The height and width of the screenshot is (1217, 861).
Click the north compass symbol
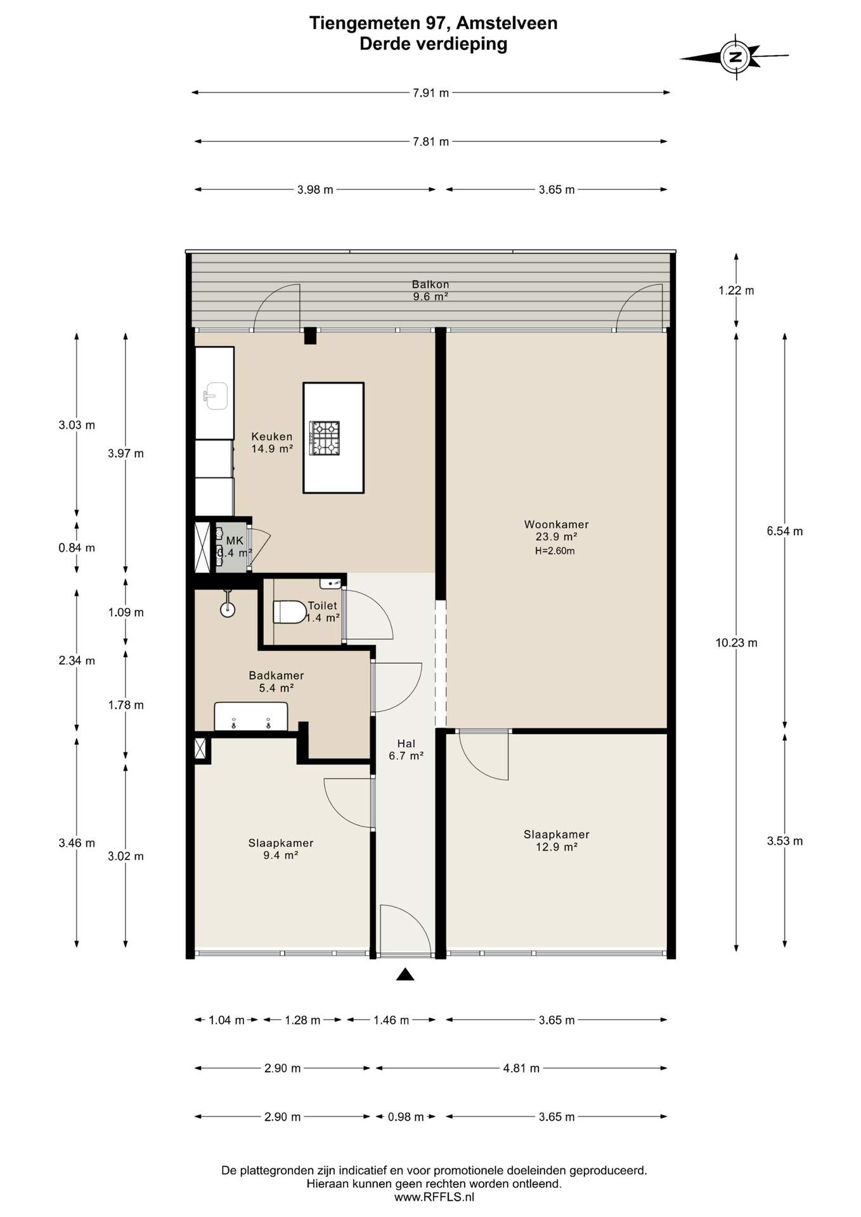pyautogui.click(x=735, y=57)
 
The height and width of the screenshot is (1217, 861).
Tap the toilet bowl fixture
pyautogui.click(x=290, y=612)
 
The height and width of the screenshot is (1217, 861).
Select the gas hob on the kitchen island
pyautogui.click(x=325, y=438)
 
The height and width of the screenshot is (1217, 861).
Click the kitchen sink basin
pyautogui.click(x=215, y=396)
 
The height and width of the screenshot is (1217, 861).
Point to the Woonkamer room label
pyautogui.click(x=556, y=524)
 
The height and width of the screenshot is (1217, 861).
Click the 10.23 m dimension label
pyautogui.click(x=736, y=643)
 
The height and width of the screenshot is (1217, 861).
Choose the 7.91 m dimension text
pyautogui.click(x=430, y=93)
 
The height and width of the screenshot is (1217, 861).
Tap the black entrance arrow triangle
pyautogui.click(x=405, y=974)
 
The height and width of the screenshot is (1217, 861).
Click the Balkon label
pyautogui.click(x=430, y=285)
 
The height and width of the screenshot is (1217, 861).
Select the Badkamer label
pyautogui.click(x=276, y=676)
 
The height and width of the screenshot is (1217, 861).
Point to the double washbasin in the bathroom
pyautogui.click(x=251, y=716)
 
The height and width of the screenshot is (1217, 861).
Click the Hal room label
pyautogui.click(x=406, y=744)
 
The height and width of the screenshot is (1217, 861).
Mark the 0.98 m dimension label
pyautogui.click(x=406, y=1117)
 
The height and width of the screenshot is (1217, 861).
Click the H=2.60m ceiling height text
pyautogui.click(x=555, y=551)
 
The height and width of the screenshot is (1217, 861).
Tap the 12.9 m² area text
pyautogui.click(x=557, y=847)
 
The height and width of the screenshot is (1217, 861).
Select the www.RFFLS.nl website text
pyautogui.click(x=434, y=1197)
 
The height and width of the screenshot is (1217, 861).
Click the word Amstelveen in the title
pyautogui.click(x=507, y=23)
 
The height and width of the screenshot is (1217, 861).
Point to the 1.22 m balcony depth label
pyautogui.click(x=736, y=291)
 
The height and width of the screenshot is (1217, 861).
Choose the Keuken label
pyautogui.click(x=272, y=437)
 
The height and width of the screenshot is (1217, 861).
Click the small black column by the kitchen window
pyautogui.click(x=310, y=335)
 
